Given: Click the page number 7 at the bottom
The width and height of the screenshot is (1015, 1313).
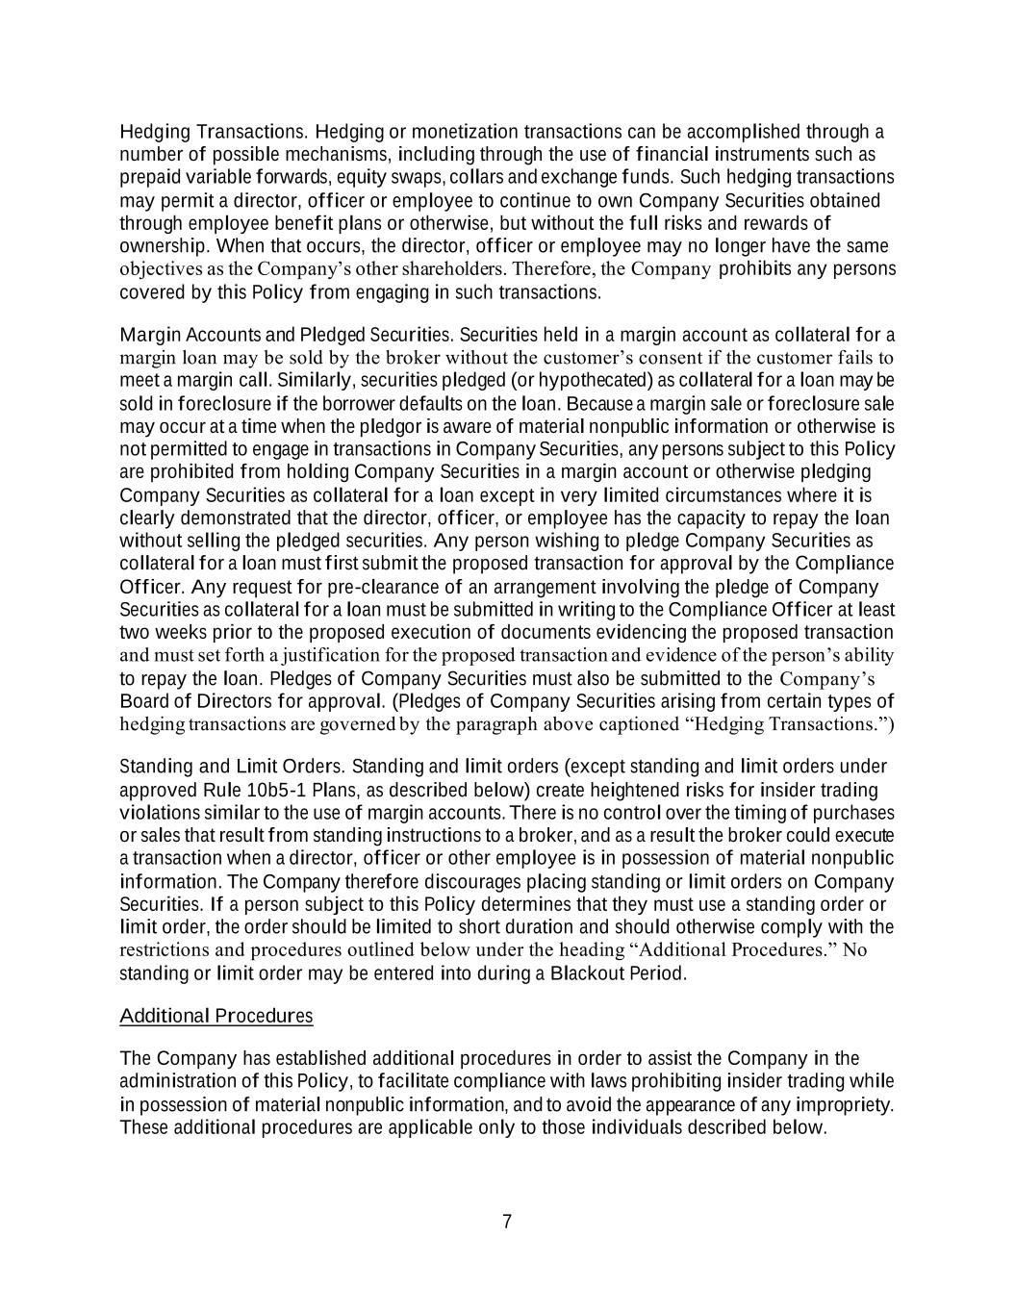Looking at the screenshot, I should [507, 1222].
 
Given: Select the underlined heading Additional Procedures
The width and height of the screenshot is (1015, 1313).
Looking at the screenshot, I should [216, 1016].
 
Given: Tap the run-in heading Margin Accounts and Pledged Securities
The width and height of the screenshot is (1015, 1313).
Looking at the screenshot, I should [286, 335].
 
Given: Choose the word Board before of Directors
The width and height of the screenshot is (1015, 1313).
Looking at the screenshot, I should [144, 700].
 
